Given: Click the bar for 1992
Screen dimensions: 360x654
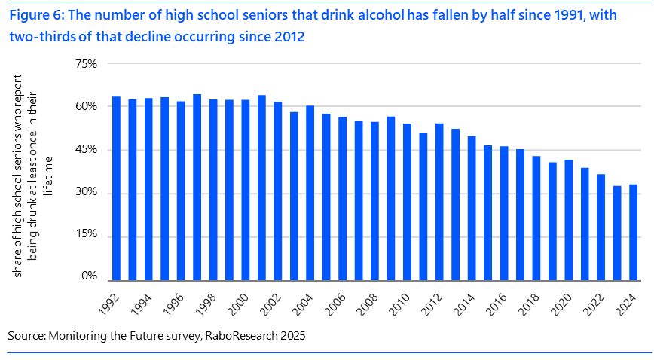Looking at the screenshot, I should click(117, 188).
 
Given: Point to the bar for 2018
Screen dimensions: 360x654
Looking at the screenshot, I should click(536, 218).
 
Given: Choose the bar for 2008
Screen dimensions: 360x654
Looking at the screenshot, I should click(375, 200).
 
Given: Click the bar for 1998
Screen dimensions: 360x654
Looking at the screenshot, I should click(213, 189).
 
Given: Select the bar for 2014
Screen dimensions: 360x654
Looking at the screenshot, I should click(472, 208).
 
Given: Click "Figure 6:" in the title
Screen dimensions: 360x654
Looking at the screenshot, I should click(35, 15).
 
